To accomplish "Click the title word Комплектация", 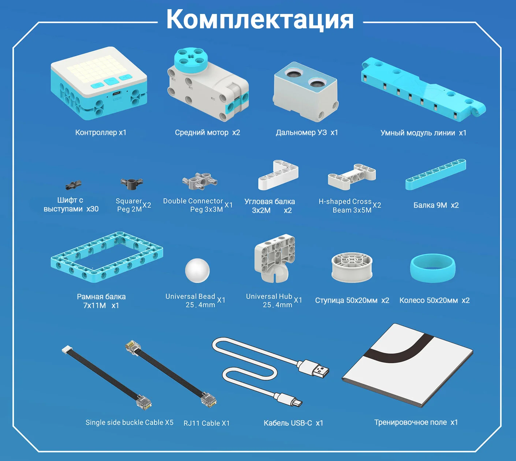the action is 260,19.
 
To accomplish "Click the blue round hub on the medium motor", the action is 191,61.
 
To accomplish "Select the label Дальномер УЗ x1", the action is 307,133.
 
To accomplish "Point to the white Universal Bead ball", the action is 197,270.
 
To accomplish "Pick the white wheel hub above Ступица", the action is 352,267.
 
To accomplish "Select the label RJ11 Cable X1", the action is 207,423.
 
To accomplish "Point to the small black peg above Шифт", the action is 73,185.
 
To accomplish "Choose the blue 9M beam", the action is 436,174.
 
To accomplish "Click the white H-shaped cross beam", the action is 352,177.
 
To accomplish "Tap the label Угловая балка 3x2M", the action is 270,206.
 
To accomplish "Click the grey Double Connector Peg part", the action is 200,181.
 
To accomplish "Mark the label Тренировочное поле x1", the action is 416,422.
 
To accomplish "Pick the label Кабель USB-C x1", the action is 293,423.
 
